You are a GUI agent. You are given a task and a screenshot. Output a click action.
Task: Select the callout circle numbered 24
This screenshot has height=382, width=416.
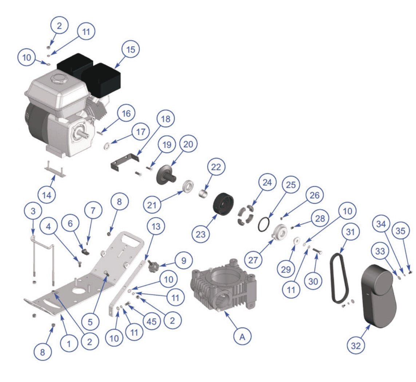point(268,183)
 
